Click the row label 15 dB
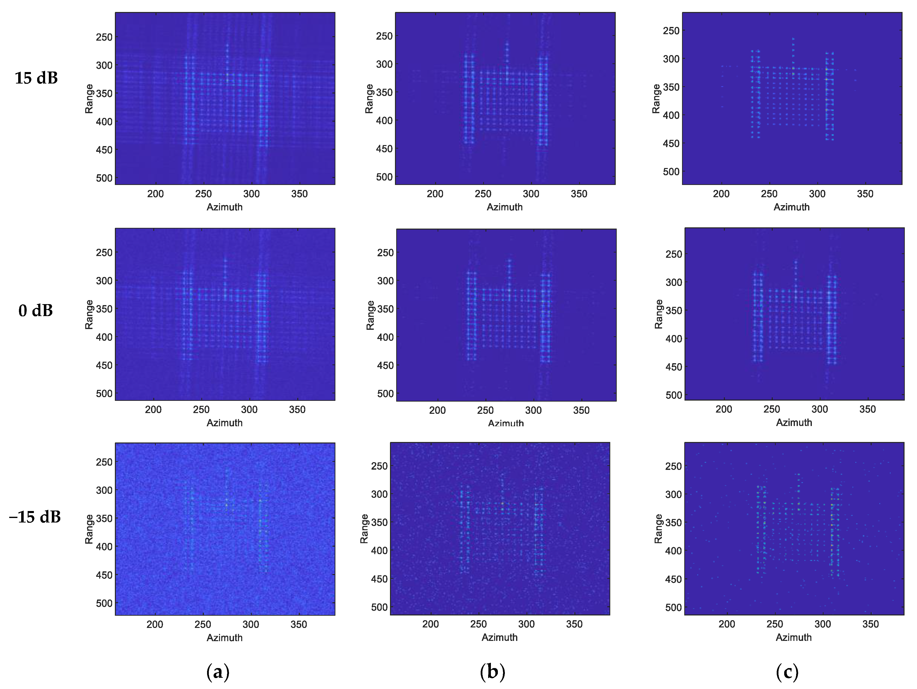tap(36, 78)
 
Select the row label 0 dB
tap(36, 310)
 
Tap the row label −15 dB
tap(35, 517)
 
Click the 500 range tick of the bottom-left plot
tap(104, 603)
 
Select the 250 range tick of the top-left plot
tap(104, 37)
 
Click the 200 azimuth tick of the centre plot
tap(437, 410)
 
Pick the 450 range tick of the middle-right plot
tap(674, 367)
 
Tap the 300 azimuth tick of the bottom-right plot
tap(823, 624)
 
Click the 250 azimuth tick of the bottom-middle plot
tap(478, 624)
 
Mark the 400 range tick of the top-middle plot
tap(384, 121)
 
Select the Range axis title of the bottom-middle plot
tap(364, 529)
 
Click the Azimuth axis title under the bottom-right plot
tap(793, 638)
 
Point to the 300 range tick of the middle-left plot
tap(104, 281)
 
